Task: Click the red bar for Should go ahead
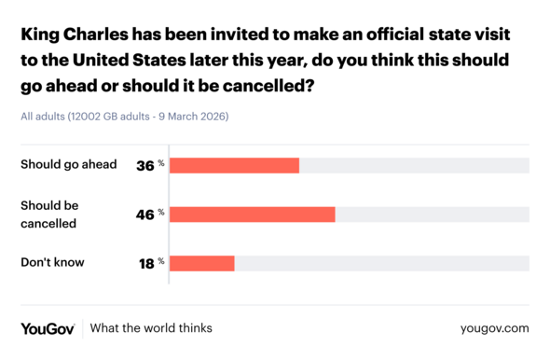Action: tap(234, 165)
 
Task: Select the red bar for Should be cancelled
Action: tap(252, 214)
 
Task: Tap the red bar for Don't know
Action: tap(201, 263)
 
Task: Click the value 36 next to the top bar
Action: tap(145, 165)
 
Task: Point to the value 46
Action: tap(145, 214)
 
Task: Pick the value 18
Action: tap(145, 263)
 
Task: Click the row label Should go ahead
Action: tap(68, 164)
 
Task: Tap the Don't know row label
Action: tap(52, 262)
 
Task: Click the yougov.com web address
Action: tap(494, 328)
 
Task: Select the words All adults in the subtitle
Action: tap(42, 117)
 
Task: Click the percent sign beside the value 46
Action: tap(161, 212)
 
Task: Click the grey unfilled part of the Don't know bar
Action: tap(381, 263)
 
